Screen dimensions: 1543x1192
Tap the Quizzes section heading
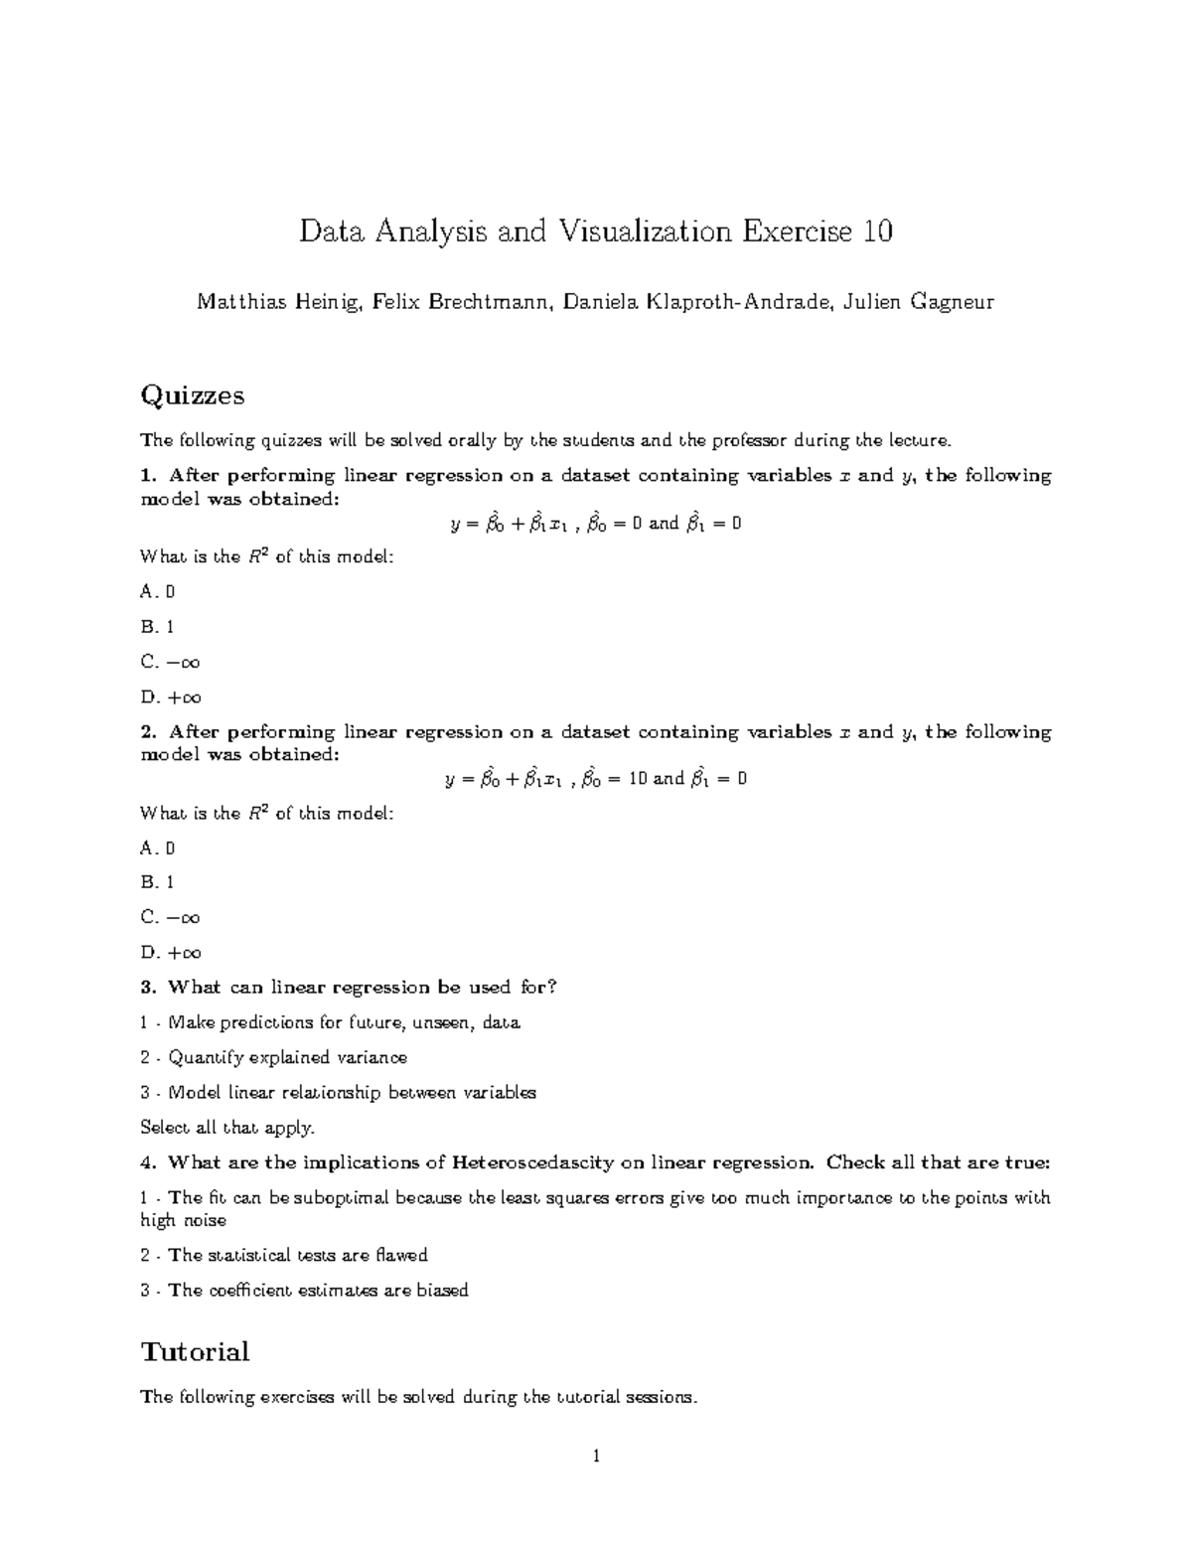pyautogui.click(x=192, y=395)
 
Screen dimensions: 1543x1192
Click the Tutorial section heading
pyautogui.click(x=195, y=1351)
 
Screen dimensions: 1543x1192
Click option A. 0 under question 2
pyautogui.click(x=157, y=848)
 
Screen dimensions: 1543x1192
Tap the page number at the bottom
pyautogui.click(x=596, y=1458)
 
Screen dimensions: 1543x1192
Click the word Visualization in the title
pyautogui.click(x=644, y=231)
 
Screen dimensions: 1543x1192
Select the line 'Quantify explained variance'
pyautogui.click(x=287, y=1057)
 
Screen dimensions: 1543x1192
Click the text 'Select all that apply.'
pyautogui.click(x=227, y=1128)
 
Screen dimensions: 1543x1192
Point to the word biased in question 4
pyautogui.click(x=442, y=1291)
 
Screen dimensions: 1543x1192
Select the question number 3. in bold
pyautogui.click(x=149, y=988)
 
